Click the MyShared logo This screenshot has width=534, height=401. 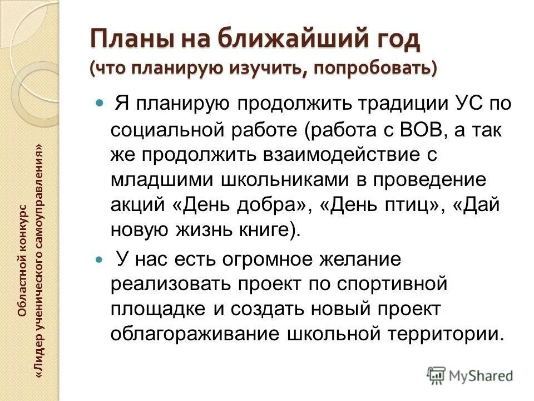click(469, 375)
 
